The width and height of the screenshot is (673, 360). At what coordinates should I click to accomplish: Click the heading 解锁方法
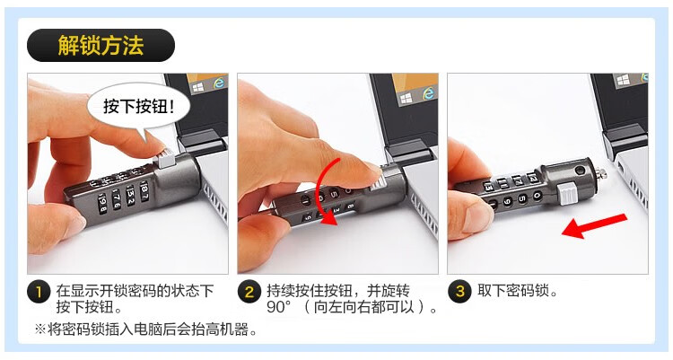click(101, 45)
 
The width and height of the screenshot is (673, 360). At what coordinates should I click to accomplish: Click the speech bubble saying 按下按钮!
click(138, 107)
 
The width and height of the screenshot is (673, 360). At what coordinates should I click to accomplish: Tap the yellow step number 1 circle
click(39, 292)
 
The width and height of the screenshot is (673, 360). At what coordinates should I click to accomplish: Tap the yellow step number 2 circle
click(249, 292)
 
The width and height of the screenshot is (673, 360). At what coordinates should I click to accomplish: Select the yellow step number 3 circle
click(459, 292)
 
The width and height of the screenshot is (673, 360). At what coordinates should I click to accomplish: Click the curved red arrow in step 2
click(318, 189)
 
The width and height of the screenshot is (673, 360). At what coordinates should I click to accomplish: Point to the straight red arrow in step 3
click(594, 226)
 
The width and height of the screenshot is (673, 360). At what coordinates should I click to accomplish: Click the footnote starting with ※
click(146, 329)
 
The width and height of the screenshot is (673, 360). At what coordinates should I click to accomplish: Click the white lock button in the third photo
click(567, 192)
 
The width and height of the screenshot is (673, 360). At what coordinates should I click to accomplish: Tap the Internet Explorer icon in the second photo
click(428, 92)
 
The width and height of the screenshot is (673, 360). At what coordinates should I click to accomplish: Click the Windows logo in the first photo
click(198, 88)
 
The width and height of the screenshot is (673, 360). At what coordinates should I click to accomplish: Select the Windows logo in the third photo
click(623, 80)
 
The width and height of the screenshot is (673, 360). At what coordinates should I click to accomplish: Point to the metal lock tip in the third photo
click(602, 173)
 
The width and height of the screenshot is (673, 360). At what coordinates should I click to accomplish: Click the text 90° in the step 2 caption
click(279, 308)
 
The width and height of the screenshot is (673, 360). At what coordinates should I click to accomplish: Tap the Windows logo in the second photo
click(406, 100)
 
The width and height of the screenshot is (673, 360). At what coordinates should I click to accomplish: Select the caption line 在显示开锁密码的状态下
click(135, 291)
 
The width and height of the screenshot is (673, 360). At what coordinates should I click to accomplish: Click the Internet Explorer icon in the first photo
click(219, 82)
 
